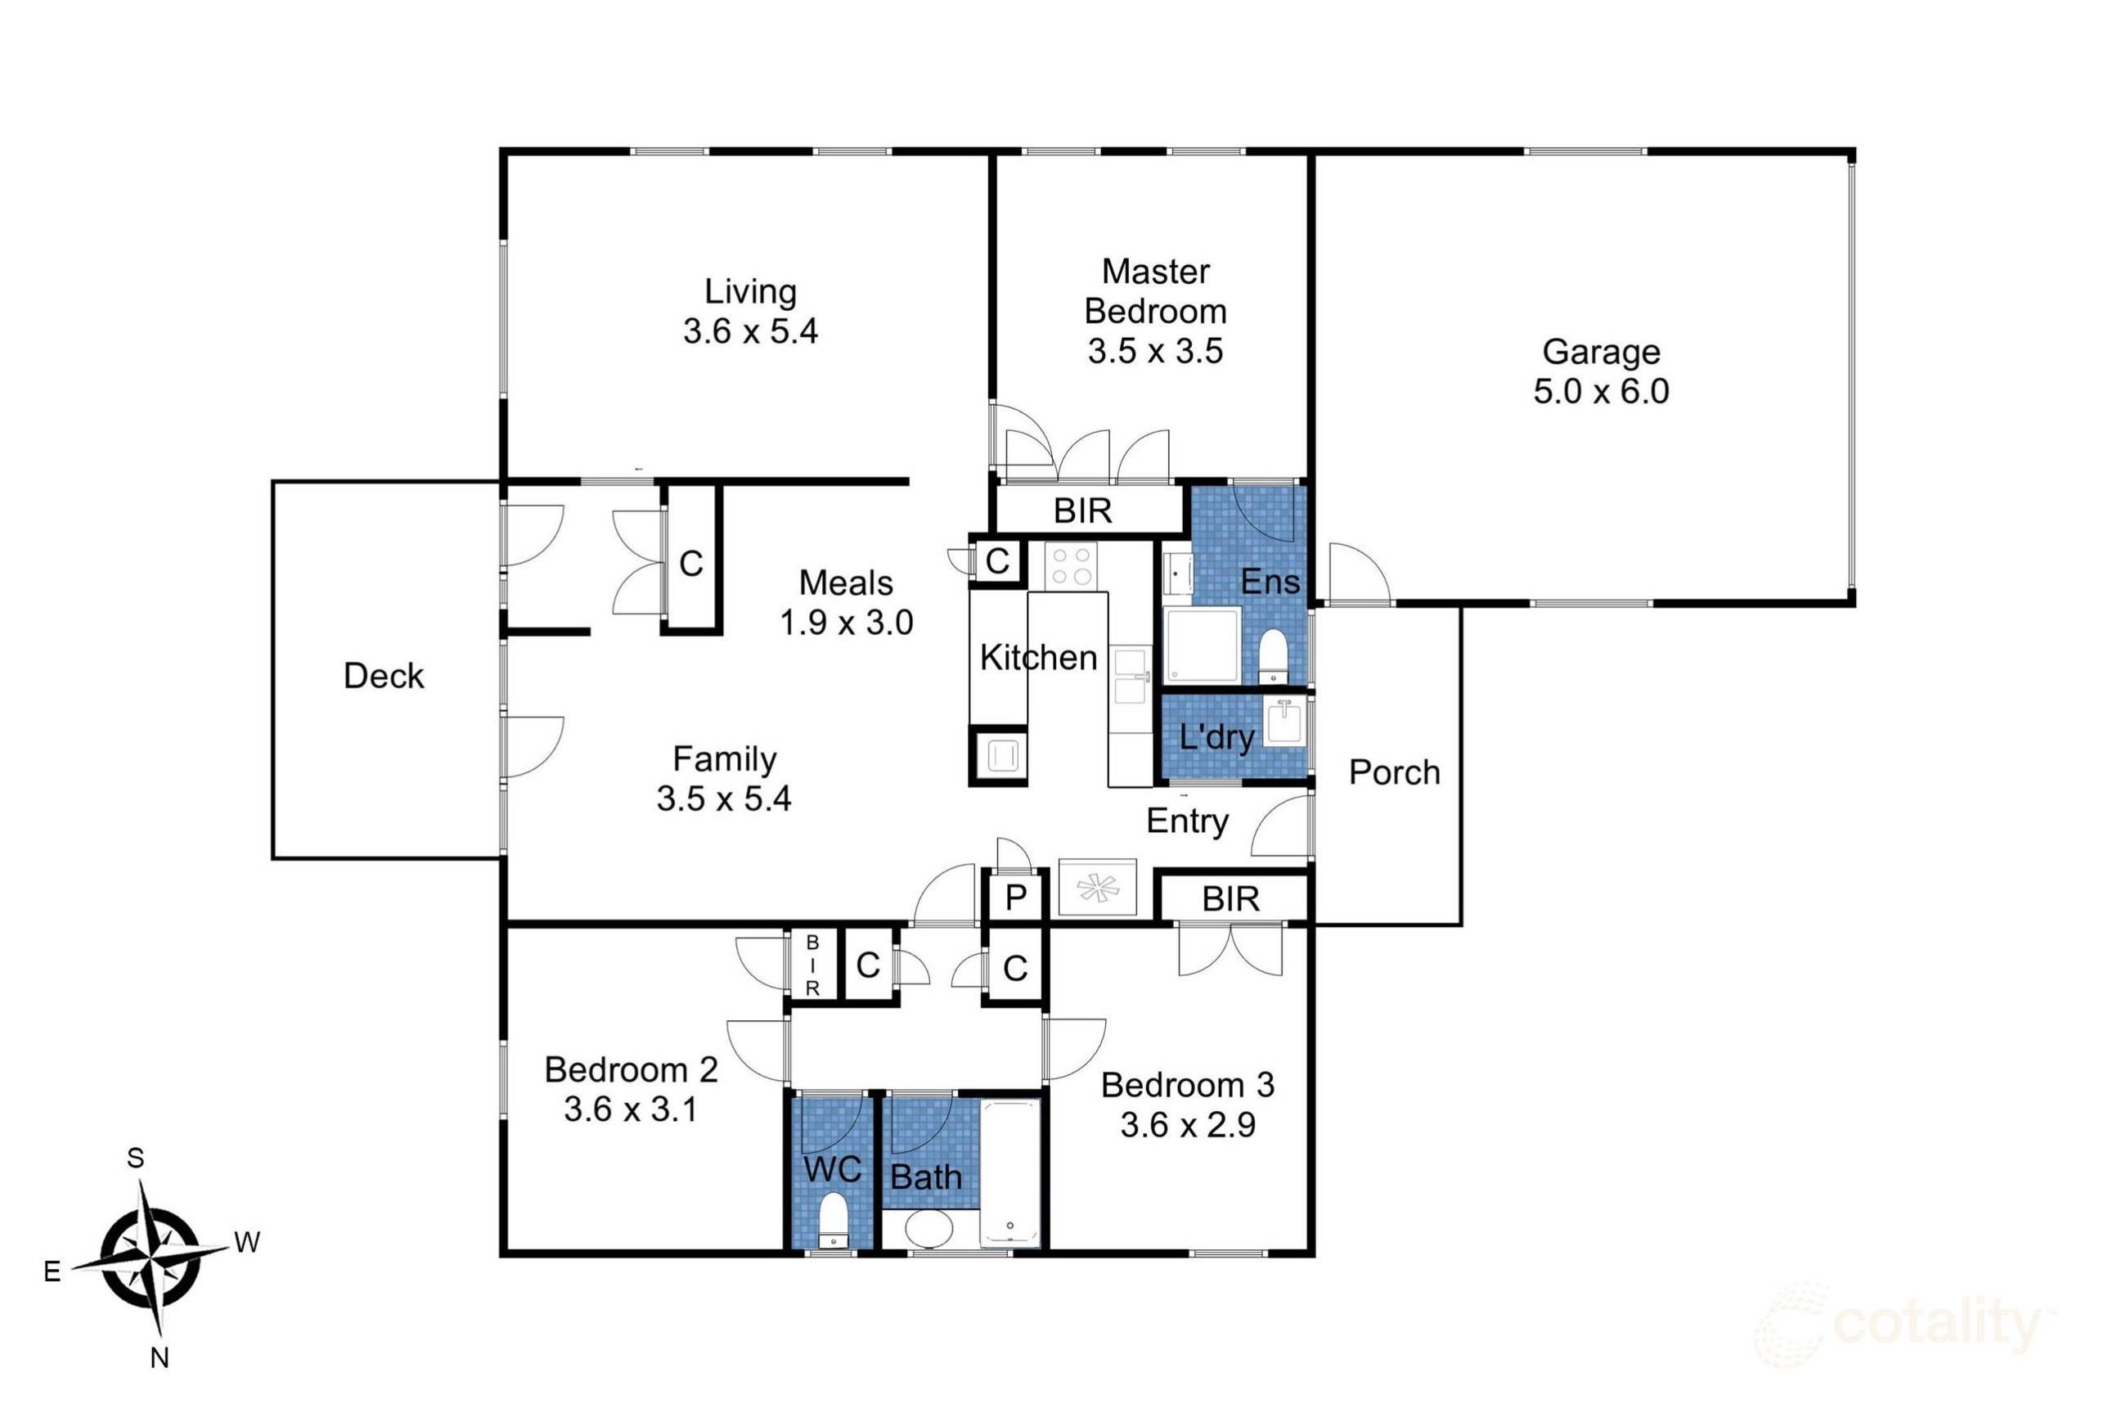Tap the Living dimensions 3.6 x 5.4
(749, 331)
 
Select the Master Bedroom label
(1155, 291)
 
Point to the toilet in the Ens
(1272, 652)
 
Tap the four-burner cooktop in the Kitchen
(1072, 565)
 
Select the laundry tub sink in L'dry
(1284, 722)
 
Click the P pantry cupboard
(1015, 898)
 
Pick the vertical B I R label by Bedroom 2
(811, 965)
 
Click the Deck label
(383, 676)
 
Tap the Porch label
(1394, 772)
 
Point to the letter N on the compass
(160, 1357)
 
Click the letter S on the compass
(135, 1158)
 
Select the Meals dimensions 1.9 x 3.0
(846, 623)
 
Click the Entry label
(1187, 821)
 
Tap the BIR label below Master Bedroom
(1082, 511)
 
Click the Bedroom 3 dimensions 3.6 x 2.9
(1188, 1125)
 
